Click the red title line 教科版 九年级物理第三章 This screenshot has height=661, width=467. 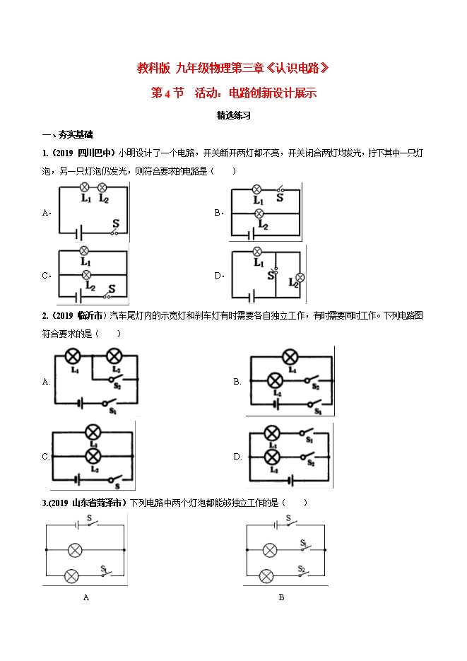[233, 68]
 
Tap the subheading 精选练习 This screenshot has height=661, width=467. [234, 115]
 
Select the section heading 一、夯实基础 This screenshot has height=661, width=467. [67, 134]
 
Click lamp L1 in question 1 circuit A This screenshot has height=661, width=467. [85, 187]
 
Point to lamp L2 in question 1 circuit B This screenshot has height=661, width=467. [259, 213]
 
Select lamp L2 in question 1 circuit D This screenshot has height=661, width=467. [300, 277]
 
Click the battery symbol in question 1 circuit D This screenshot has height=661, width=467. [252, 297]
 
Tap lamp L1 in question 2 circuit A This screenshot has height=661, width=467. [73, 356]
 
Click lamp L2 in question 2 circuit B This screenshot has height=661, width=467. [276, 380]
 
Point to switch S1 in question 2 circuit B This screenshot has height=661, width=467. [314, 404]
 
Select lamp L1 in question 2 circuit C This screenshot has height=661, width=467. [93, 432]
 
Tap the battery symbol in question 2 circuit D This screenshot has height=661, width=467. [290, 480]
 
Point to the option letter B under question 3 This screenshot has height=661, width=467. [281, 597]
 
